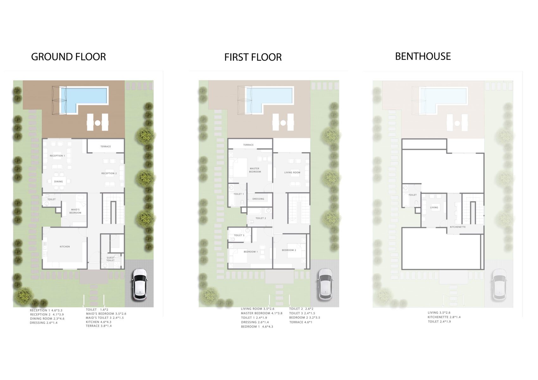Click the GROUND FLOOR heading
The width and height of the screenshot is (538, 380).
pyautogui.click(x=68, y=57)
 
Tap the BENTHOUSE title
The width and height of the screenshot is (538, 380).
pyautogui.click(x=423, y=56)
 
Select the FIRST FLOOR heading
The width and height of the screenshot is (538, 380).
pyautogui.click(x=253, y=57)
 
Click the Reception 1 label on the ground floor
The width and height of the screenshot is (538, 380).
pyautogui.click(x=57, y=156)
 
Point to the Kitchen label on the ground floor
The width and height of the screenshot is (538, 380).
pyautogui.click(x=65, y=247)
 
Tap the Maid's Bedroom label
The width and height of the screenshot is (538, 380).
pyautogui.click(x=75, y=211)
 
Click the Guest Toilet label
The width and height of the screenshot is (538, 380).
pyautogui.click(x=110, y=259)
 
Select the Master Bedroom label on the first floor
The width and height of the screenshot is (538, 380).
pyautogui.click(x=255, y=170)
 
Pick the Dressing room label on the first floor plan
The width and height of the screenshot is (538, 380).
pyautogui.click(x=259, y=199)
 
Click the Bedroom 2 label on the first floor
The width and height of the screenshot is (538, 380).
pyautogui.click(x=289, y=250)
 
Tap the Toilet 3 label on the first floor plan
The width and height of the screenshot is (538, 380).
pyautogui.click(x=239, y=235)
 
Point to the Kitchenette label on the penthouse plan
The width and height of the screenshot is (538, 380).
pyautogui.click(x=458, y=227)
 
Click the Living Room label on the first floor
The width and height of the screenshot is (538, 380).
pyautogui.click(x=292, y=173)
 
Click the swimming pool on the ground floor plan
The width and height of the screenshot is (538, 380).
pyautogui.click(x=83, y=100)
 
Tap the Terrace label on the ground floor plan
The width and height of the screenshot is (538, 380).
pyautogui.click(x=106, y=147)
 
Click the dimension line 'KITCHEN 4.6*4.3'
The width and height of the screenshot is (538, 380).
pyautogui.click(x=99, y=322)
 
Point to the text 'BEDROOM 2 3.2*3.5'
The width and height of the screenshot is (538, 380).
pyautogui.click(x=304, y=318)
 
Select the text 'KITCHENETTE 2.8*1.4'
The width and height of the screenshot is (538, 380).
pyautogui.click(x=444, y=317)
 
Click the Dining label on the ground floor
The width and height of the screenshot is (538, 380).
pyautogui.click(x=58, y=181)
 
